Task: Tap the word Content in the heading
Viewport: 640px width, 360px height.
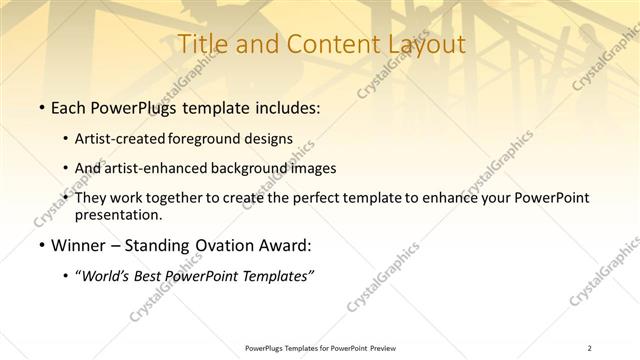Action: (324, 44)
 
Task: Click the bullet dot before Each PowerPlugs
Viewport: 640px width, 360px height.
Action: (40, 108)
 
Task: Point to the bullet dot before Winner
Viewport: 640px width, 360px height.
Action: (40, 244)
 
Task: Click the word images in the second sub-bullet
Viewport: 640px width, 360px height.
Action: (311, 168)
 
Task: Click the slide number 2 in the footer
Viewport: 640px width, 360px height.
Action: (590, 348)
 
